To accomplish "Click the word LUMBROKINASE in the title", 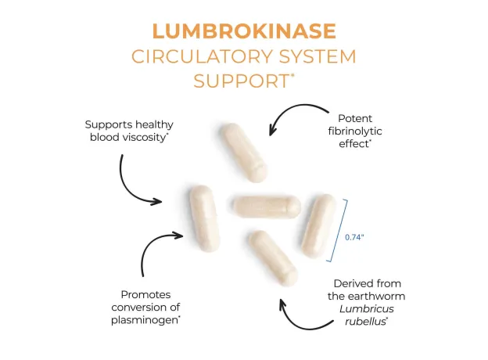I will click(x=243, y=31).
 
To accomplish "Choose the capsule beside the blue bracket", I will click(x=319, y=225).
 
